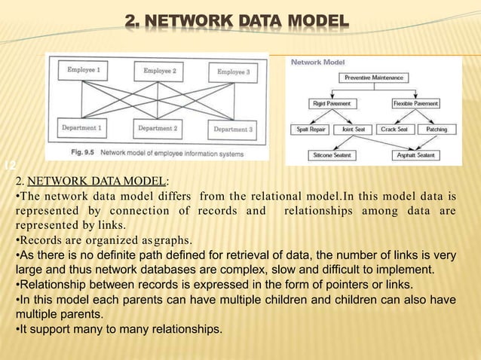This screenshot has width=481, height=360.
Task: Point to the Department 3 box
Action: pos(234,130)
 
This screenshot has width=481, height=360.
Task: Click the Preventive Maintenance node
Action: pos(373,78)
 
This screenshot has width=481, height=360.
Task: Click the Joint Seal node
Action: pos(351,130)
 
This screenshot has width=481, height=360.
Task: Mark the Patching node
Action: pos(436,130)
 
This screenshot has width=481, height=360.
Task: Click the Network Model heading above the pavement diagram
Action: pos(313,63)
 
